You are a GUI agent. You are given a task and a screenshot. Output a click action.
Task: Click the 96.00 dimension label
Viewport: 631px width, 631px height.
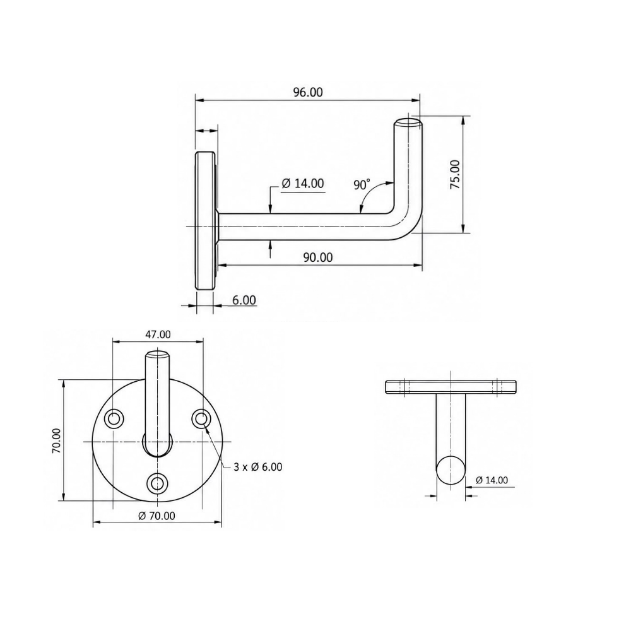point(308,92)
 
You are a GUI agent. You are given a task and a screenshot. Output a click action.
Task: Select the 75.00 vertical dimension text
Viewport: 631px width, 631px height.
point(455,175)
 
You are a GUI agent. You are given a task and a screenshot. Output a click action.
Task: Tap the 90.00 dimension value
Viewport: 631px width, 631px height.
point(318,257)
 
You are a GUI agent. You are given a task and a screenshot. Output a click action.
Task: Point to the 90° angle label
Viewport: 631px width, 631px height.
point(362,184)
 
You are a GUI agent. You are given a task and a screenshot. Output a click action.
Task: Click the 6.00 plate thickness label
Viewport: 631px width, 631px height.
point(244,300)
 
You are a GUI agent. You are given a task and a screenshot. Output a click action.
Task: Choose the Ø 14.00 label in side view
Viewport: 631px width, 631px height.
point(303,184)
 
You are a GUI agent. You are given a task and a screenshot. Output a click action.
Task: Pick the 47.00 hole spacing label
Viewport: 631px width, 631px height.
point(157,334)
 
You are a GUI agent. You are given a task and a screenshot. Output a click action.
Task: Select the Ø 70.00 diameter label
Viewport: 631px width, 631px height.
point(156,516)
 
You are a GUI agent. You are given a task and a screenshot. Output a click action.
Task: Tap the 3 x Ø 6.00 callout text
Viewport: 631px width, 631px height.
point(258,467)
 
